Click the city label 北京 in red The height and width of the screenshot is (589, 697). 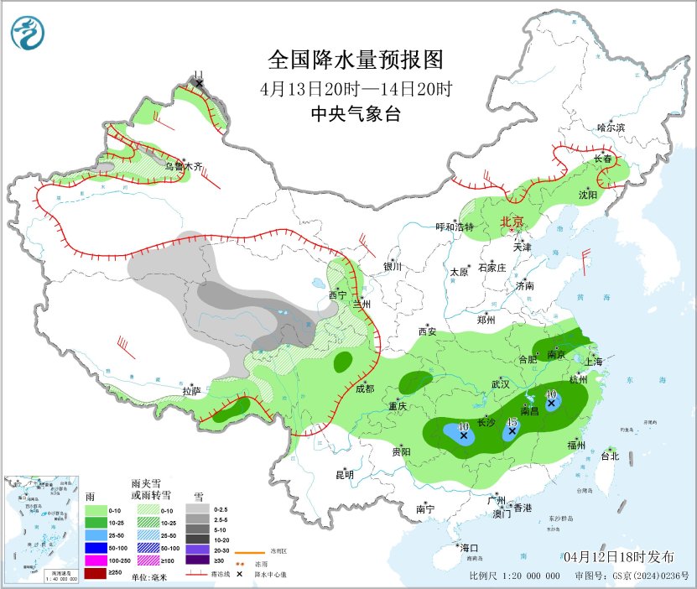coord(512,222)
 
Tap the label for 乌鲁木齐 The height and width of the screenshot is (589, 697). coord(183,166)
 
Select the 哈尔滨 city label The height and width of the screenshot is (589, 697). coord(611,128)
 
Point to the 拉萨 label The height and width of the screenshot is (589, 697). coord(191,390)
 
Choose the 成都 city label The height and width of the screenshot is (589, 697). coord(365,388)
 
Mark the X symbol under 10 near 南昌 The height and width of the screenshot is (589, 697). coord(551,404)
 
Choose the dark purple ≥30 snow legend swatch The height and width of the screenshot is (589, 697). coord(199,560)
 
